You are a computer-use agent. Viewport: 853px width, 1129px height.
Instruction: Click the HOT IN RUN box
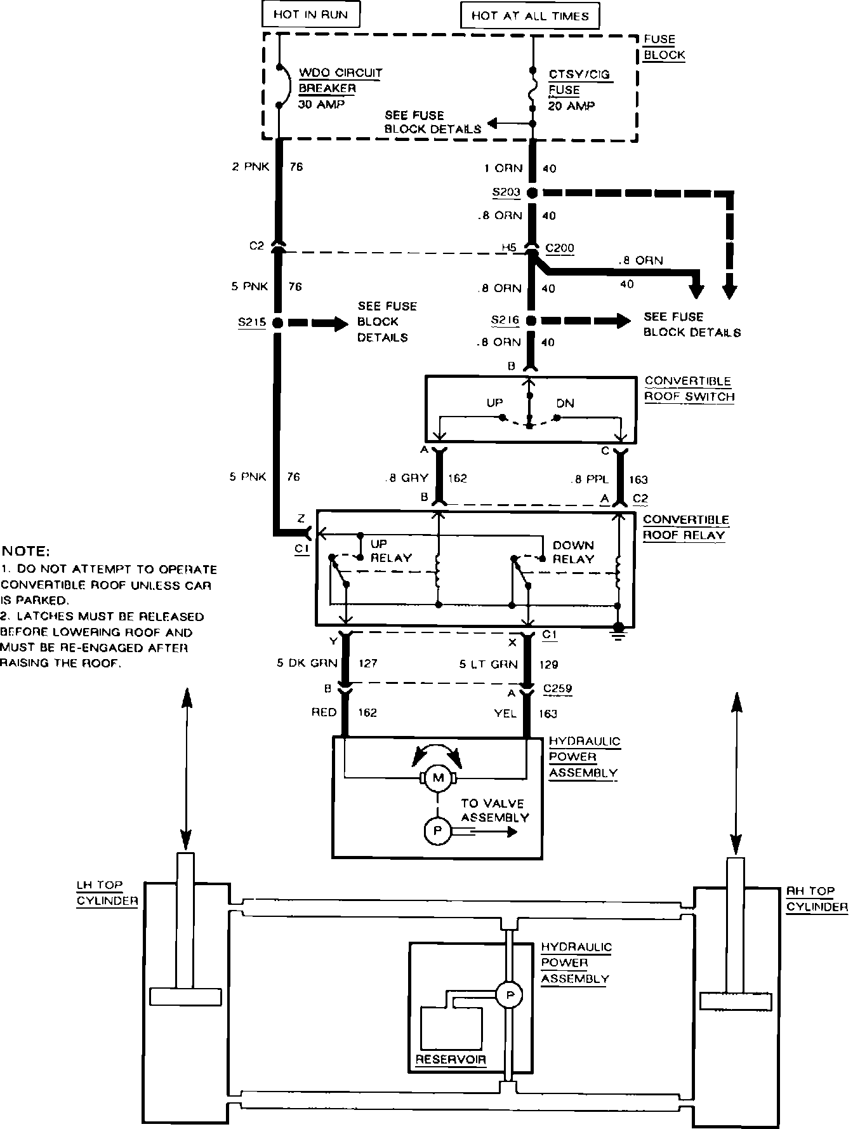pyautogui.click(x=310, y=15)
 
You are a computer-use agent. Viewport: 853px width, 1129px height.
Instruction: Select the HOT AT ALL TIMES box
pyautogui.click(x=529, y=16)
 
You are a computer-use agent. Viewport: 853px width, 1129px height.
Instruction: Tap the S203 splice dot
pyautogui.click(x=532, y=192)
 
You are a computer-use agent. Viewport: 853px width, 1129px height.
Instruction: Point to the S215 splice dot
pyautogui.click(x=277, y=323)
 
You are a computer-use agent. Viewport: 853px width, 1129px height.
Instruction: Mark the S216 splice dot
pyautogui.click(x=532, y=321)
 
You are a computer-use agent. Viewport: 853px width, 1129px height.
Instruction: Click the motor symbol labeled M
pyautogui.click(x=437, y=778)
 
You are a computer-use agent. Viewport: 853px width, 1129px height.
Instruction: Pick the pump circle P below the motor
pyautogui.click(x=437, y=831)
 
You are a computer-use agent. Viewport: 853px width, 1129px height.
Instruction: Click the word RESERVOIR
pyautogui.click(x=451, y=1060)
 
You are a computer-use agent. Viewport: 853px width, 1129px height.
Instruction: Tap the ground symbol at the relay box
pyautogui.click(x=619, y=632)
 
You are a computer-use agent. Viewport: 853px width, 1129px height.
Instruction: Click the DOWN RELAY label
pyautogui.click(x=573, y=552)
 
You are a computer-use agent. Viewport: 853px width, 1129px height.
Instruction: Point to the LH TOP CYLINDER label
pyautogui.click(x=107, y=893)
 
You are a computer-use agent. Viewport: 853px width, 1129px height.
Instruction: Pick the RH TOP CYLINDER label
pyautogui.click(x=817, y=899)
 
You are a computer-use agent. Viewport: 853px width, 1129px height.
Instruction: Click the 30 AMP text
pyautogui.click(x=321, y=104)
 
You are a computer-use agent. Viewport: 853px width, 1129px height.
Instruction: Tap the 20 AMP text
pyautogui.click(x=571, y=106)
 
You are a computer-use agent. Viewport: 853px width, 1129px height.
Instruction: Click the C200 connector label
pyautogui.click(x=560, y=248)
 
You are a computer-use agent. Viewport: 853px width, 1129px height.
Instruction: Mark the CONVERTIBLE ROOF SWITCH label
pyautogui.click(x=689, y=389)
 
